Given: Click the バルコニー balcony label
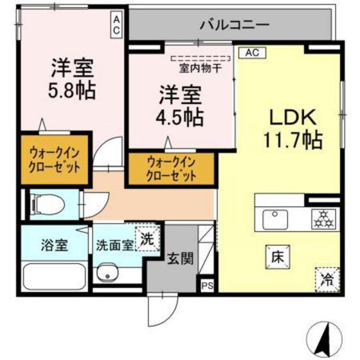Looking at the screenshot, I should [234, 26].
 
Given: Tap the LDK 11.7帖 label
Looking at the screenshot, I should [291, 128].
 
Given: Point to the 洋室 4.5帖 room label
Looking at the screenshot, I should [181, 106].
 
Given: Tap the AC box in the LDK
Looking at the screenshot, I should [251, 54].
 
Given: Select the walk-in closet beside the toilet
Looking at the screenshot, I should [55, 160].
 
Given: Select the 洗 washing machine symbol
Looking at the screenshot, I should [147, 239].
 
